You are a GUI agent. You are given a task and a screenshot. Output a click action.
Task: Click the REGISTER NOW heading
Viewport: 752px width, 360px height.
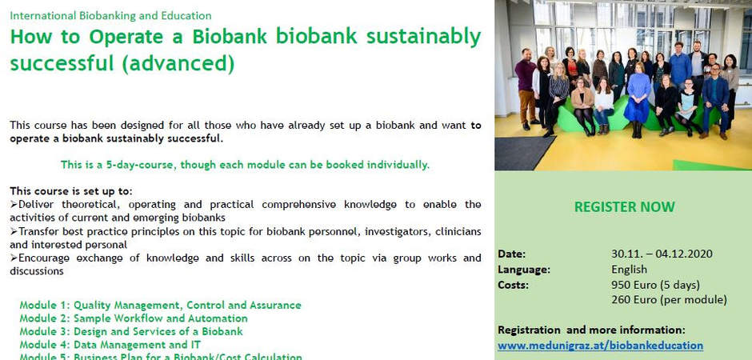pyautogui.click(x=625, y=207)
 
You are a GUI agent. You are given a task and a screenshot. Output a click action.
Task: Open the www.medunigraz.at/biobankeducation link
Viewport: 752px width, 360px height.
pyautogui.click(x=601, y=346)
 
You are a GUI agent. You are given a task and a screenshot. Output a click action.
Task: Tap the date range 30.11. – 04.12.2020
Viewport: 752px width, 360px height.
pyautogui.click(x=662, y=254)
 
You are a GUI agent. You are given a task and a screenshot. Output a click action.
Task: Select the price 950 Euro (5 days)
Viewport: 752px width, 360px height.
pyautogui.click(x=656, y=286)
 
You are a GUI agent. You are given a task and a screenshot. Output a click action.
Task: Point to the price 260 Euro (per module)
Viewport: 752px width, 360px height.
pyautogui.click(x=669, y=300)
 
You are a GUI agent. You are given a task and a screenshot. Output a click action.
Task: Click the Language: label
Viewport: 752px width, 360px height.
pyautogui.click(x=524, y=270)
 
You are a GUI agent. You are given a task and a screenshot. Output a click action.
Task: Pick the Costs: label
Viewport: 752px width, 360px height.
pyautogui.click(x=513, y=286)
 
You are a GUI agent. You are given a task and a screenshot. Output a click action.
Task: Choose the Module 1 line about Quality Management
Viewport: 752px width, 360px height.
pyautogui.click(x=160, y=306)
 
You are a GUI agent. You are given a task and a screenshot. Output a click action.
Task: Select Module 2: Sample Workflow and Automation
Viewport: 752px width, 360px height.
pyautogui.click(x=134, y=318)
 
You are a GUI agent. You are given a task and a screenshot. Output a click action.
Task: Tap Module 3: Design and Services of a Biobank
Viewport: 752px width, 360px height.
pyautogui.click(x=131, y=332)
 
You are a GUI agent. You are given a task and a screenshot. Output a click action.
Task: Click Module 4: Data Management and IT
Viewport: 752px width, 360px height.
pyautogui.click(x=110, y=345)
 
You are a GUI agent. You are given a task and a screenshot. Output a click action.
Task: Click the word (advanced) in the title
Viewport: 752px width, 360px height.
pyautogui.click(x=178, y=64)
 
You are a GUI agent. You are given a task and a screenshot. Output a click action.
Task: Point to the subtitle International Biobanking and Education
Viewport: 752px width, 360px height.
pyautogui.click(x=110, y=16)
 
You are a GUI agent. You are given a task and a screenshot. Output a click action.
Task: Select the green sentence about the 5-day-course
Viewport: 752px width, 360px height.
pyautogui.click(x=245, y=165)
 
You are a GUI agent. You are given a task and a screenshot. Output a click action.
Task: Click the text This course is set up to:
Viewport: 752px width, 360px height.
pyautogui.click(x=71, y=191)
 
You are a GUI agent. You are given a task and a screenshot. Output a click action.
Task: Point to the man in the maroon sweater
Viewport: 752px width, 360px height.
pyautogui.click(x=526, y=89)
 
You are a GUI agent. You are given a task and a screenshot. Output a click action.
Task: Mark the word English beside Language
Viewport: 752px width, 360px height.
pyautogui.click(x=630, y=270)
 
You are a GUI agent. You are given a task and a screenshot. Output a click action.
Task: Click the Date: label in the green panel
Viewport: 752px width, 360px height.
pyautogui.click(x=512, y=254)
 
